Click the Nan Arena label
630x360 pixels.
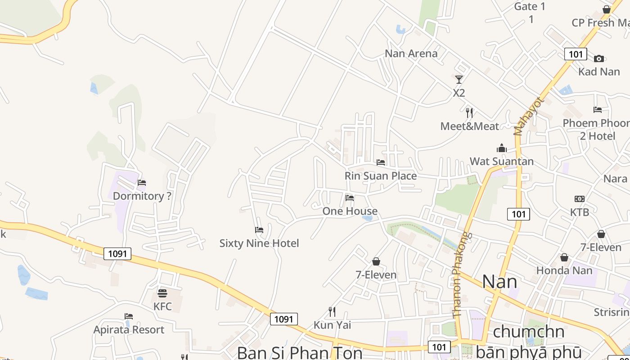pyautogui.click(x=411, y=54)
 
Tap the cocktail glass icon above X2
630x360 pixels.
pyautogui.click(x=459, y=80)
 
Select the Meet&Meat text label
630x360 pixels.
pyautogui.click(x=470, y=126)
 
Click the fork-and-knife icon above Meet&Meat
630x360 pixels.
pyautogui.click(x=470, y=112)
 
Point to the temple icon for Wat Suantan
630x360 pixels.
pyautogui.click(x=501, y=148)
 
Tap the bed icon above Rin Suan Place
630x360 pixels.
pyautogui.click(x=381, y=162)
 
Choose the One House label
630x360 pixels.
pyautogui.click(x=350, y=211)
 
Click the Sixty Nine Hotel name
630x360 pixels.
pyautogui.click(x=259, y=243)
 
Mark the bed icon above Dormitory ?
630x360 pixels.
pyautogui.click(x=142, y=183)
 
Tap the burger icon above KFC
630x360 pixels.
pyautogui.click(x=162, y=293)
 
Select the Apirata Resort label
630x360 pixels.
pyautogui.click(x=129, y=330)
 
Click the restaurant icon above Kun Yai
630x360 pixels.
pyautogui.click(x=332, y=311)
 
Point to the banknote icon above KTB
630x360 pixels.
pyautogui.click(x=580, y=199)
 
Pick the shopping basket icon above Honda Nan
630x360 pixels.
pyautogui.click(x=564, y=257)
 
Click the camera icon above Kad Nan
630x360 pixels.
pyautogui.click(x=598, y=58)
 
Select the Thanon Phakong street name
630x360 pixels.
pyautogui.click(x=461, y=274)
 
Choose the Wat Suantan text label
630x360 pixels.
pyautogui.click(x=502, y=162)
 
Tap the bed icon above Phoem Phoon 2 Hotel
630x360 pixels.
pyautogui.click(x=598, y=109)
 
